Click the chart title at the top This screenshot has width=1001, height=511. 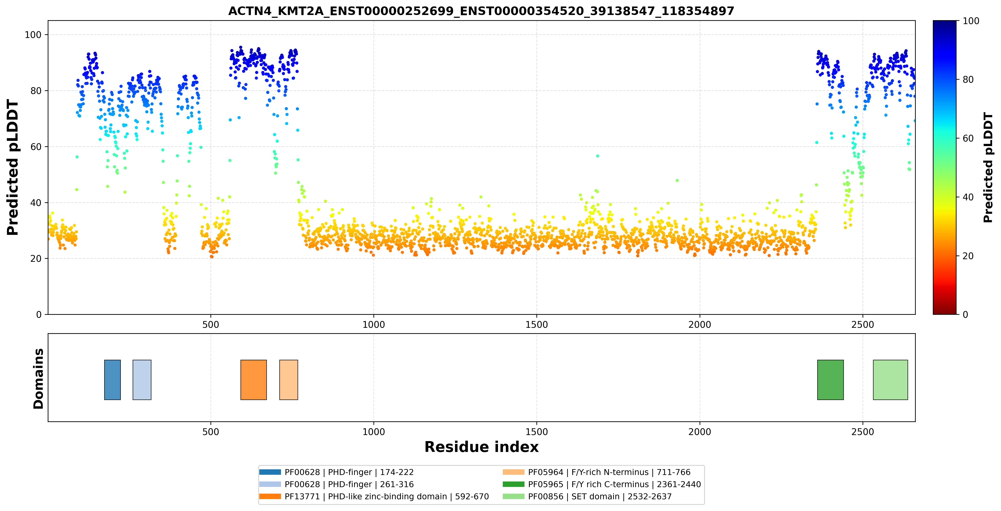coord(481,11)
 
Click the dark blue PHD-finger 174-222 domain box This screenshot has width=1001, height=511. coord(112,380)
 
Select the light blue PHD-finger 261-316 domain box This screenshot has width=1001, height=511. coord(142,380)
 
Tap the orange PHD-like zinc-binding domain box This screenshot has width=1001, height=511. coord(253,380)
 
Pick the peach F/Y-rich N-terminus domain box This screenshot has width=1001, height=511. coord(288,380)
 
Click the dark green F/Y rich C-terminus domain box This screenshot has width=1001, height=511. coord(830,380)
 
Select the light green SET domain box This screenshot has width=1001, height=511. coord(890,380)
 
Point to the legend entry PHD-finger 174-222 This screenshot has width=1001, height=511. coord(337,472)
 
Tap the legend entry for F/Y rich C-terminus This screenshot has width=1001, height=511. coord(602,484)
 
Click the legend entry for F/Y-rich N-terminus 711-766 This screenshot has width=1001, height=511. coord(597,472)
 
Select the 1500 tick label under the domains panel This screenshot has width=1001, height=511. coord(537,432)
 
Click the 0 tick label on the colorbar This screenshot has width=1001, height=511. coord(965,315)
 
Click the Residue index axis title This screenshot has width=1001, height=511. coord(482,447)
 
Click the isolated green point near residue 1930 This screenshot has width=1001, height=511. coord(677,180)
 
